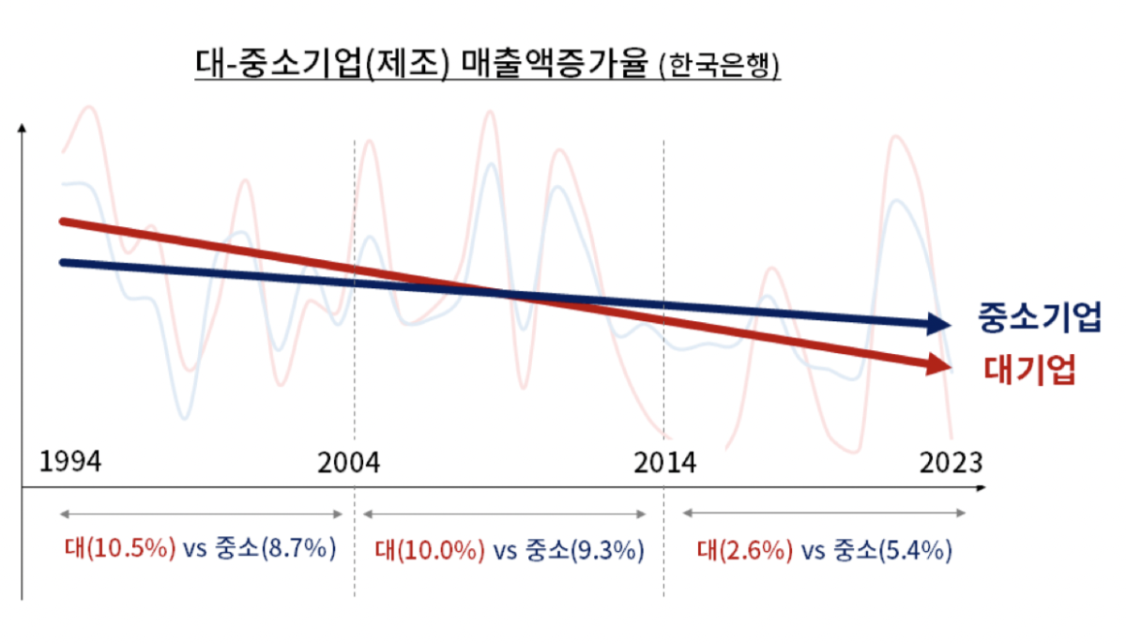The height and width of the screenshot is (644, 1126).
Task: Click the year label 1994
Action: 70,462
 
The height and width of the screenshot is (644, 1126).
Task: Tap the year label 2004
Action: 349,462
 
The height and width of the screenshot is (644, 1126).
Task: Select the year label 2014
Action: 663,462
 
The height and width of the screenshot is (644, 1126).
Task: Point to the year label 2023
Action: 951,462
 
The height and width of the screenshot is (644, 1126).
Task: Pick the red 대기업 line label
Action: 1028,369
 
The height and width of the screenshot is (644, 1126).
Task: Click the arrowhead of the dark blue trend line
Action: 940,324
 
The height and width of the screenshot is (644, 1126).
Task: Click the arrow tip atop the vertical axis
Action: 22,126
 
